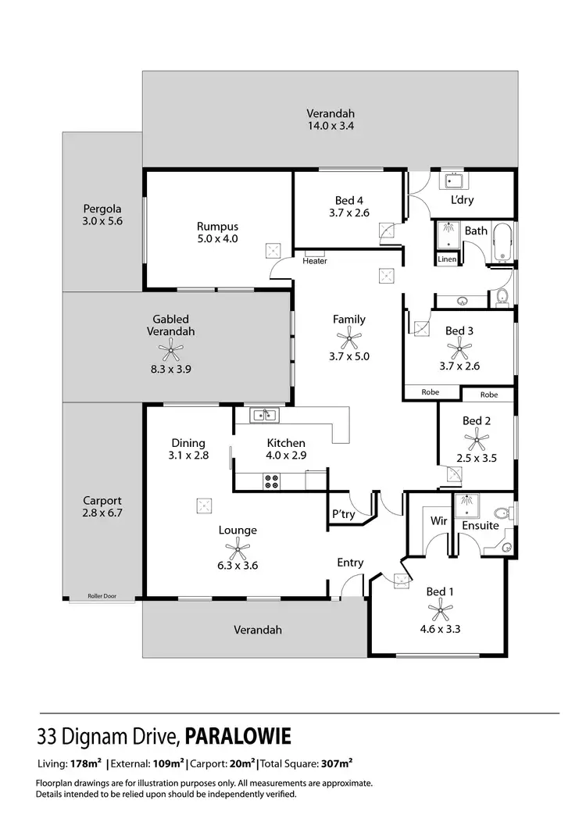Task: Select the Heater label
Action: (x=315, y=261)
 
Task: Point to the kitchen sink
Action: (x=262, y=415)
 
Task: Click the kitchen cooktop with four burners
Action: (x=272, y=482)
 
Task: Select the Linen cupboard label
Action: (x=447, y=259)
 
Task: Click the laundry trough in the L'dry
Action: (x=452, y=182)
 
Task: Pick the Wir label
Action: (x=438, y=520)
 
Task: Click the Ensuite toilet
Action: (x=506, y=545)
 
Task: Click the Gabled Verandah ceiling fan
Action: (x=171, y=350)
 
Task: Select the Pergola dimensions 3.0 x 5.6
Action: (x=103, y=221)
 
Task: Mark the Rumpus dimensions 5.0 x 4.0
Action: (x=217, y=239)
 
